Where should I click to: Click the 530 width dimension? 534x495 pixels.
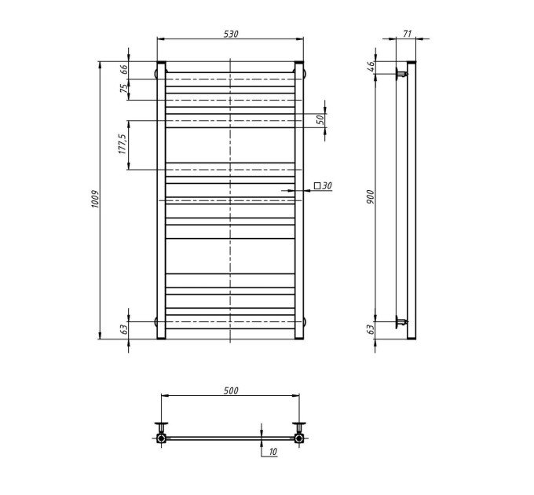(231, 34)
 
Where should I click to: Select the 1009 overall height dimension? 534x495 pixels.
(95, 199)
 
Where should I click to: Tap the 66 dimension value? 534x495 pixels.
(124, 69)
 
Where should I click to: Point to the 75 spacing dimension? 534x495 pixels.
(124, 89)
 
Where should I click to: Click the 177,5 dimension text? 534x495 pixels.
(123, 144)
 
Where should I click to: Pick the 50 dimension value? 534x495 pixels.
(320, 119)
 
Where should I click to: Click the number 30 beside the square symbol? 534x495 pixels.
(327, 185)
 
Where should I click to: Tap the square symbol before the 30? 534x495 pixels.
(317, 185)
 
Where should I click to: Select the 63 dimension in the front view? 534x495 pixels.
(124, 329)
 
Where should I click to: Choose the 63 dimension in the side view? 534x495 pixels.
(371, 329)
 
